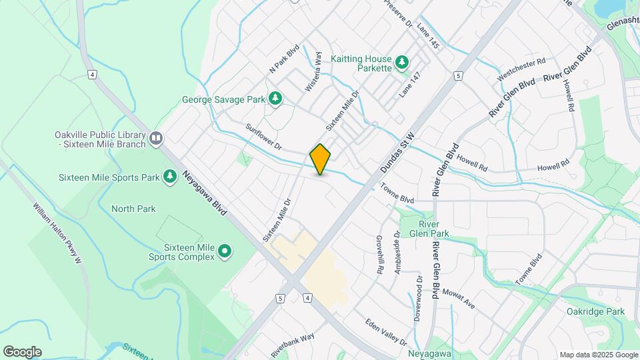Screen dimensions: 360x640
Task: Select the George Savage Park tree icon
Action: click(x=275, y=99)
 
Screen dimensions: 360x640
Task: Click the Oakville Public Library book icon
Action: click(x=156, y=138)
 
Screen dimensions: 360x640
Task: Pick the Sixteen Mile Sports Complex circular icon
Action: click(x=225, y=251)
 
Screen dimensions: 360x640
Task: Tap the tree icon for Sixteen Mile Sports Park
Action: click(x=170, y=177)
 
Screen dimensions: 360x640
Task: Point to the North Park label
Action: click(x=133, y=209)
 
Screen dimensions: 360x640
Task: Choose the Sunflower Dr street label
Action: click(x=264, y=136)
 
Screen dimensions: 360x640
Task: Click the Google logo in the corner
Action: click(x=22, y=351)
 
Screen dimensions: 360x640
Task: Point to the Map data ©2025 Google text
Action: click(x=598, y=355)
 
